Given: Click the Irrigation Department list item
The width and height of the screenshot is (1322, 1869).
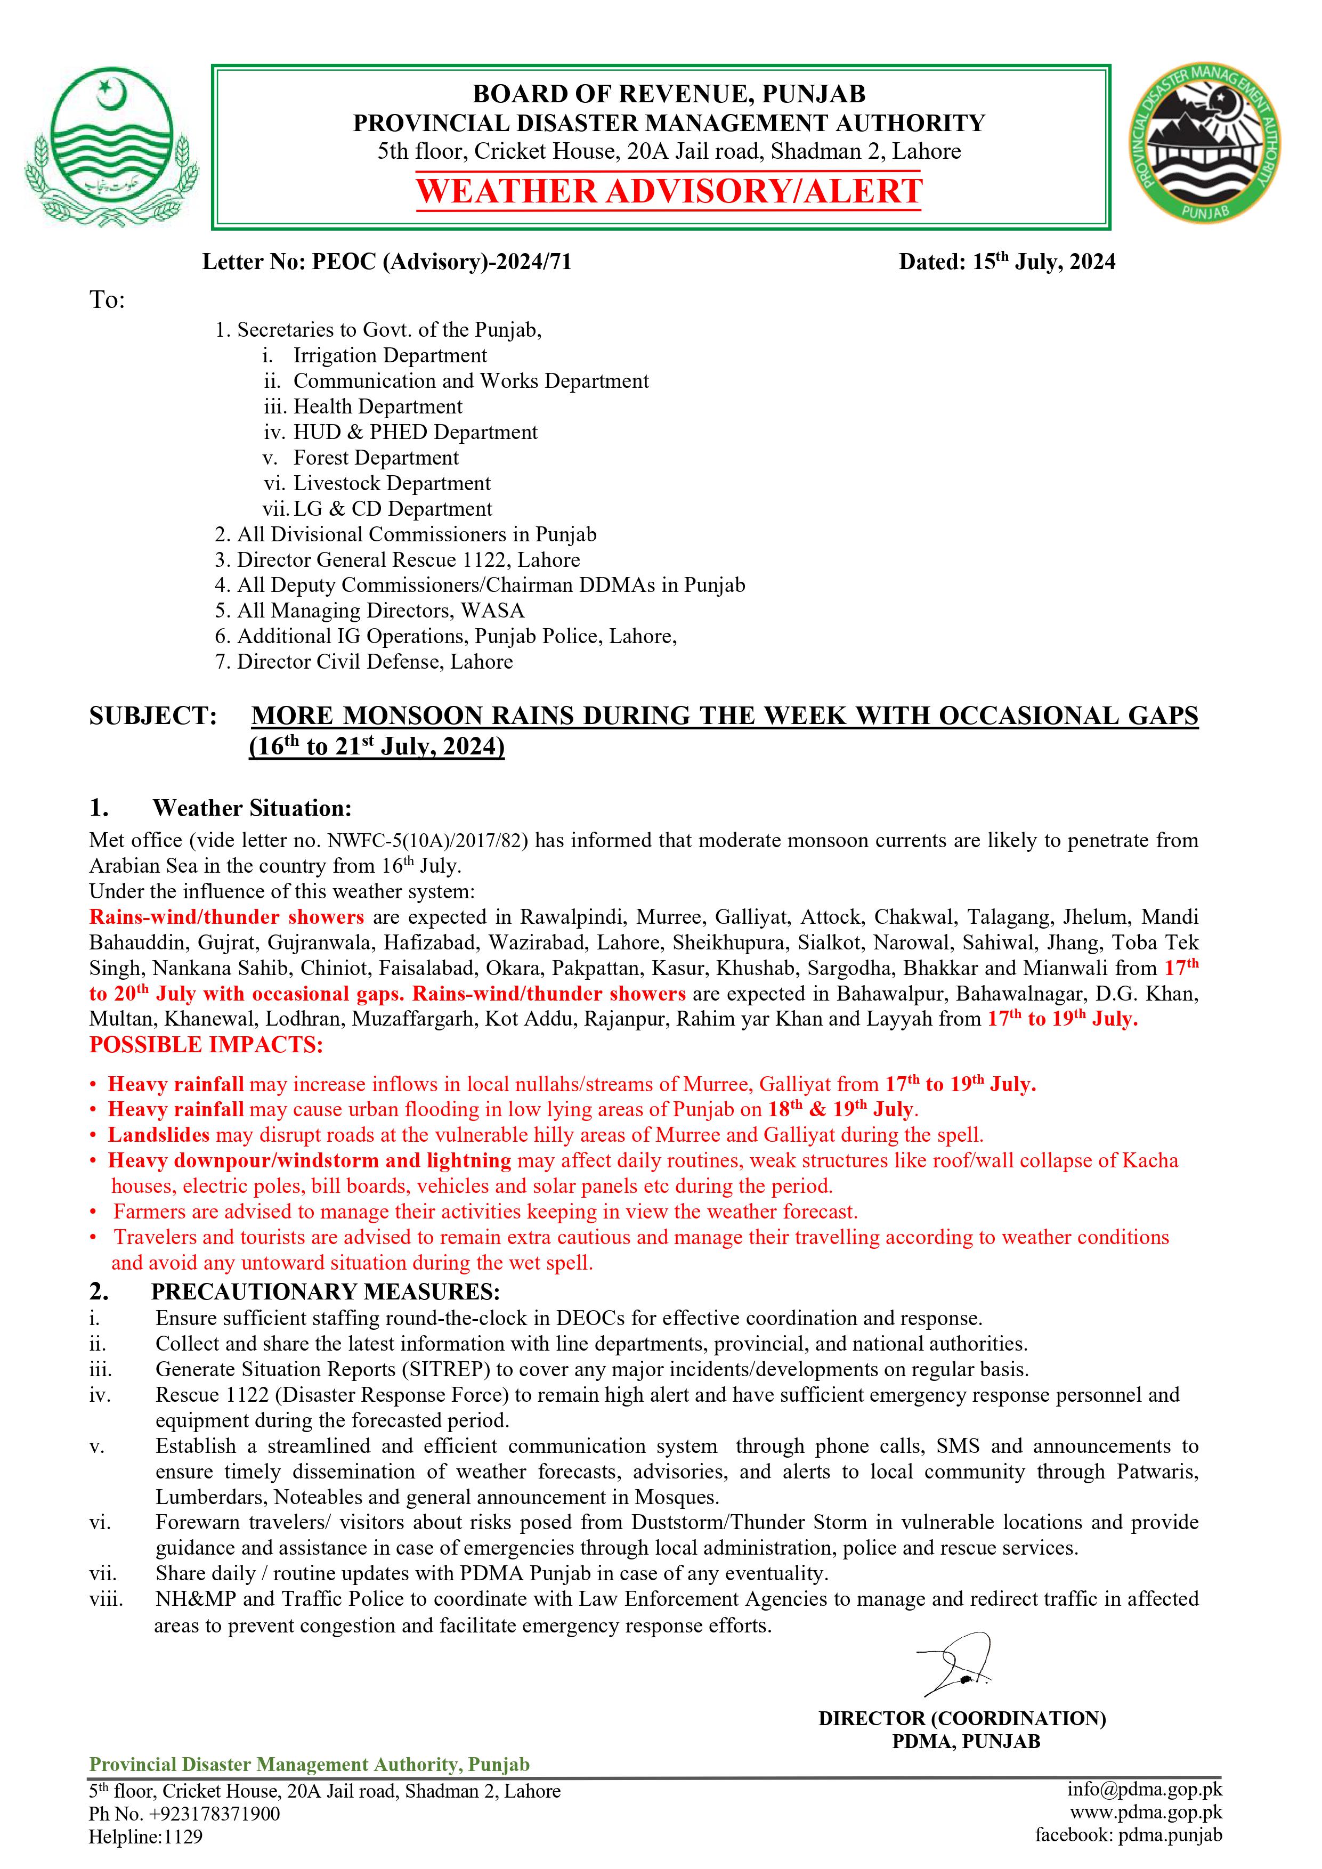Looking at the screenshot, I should tap(389, 356).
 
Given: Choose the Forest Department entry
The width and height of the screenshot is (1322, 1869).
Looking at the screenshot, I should tap(375, 458).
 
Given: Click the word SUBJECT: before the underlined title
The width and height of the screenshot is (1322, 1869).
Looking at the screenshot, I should tap(153, 717).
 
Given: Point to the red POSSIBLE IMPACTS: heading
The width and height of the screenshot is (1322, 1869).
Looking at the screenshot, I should tap(206, 1045).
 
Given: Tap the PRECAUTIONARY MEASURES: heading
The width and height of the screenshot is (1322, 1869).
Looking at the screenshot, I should tap(326, 1292).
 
